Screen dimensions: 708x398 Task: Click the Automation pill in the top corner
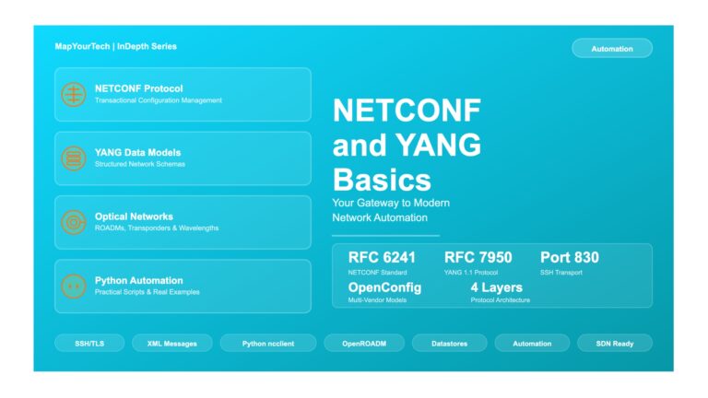[612, 48]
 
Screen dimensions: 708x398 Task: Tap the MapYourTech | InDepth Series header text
[115, 46]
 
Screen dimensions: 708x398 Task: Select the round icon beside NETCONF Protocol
[74, 94]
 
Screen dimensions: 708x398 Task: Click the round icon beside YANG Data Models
[74, 158]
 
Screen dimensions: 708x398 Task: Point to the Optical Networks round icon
[74, 222]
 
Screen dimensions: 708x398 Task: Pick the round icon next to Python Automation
[74, 287]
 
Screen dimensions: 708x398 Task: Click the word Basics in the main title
[382, 180]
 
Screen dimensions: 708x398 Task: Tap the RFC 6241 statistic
[382, 258]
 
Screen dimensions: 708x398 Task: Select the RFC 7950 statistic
[478, 258]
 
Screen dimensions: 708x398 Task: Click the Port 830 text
[570, 258]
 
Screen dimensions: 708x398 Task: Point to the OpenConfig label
[384, 287]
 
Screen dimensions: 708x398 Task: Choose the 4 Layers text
[497, 287]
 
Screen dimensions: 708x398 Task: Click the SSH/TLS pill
[89, 344]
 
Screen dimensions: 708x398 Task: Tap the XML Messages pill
[172, 344]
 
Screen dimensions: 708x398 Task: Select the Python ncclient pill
[268, 344]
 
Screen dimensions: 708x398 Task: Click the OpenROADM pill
[364, 344]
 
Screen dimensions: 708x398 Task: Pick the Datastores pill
[449, 344]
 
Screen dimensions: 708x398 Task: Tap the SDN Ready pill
[615, 344]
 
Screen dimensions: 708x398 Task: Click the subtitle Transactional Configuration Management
[159, 100]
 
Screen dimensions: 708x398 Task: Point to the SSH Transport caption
[561, 273]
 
